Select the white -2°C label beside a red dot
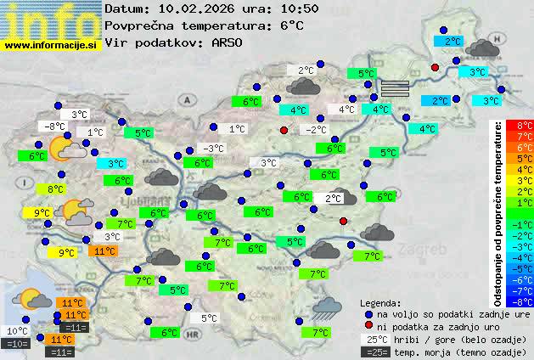316,130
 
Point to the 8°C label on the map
56,189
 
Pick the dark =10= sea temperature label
17,344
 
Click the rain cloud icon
327,308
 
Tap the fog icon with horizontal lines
394,87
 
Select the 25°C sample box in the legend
374,340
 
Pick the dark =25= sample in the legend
374,352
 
